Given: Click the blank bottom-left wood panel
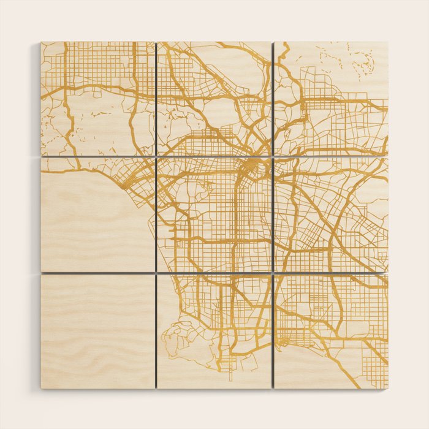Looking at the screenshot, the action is tap(97, 331).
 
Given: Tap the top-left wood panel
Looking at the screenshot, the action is tap(97, 98).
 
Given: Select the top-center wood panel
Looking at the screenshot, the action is tap(214, 98).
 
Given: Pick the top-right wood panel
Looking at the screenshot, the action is tap(331, 98).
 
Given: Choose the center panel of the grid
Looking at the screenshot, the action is tap(214, 214).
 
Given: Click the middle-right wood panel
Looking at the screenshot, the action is tap(331, 214).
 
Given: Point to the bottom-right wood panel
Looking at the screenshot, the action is tap(331, 331).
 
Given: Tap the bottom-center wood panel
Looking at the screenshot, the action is tap(214, 331).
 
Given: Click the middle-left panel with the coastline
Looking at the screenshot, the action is tap(97, 214).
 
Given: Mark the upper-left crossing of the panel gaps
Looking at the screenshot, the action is tap(156, 156).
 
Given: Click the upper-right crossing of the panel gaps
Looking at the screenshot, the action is tap(272, 156).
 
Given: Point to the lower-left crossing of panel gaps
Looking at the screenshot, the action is tap(156, 273).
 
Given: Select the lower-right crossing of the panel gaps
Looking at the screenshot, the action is tap(272, 273).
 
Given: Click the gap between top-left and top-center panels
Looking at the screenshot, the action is tap(156, 98).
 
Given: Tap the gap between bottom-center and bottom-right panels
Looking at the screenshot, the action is tap(272, 331).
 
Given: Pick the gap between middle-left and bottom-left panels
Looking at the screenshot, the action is tap(97, 273).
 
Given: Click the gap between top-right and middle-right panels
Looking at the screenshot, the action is tap(331, 156).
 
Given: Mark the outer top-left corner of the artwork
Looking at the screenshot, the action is tap(41, 42).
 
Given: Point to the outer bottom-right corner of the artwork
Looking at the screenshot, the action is tap(388, 389).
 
